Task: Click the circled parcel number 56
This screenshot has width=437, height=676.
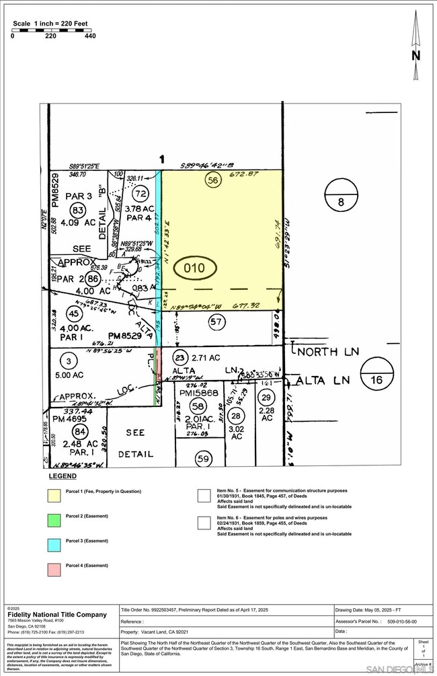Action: click(x=214, y=181)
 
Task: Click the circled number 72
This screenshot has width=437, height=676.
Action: click(x=141, y=194)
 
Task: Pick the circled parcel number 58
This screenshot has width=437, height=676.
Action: click(x=197, y=406)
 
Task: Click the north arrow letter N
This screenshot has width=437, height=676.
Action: click(x=415, y=56)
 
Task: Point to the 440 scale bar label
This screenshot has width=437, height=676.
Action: click(x=89, y=36)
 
